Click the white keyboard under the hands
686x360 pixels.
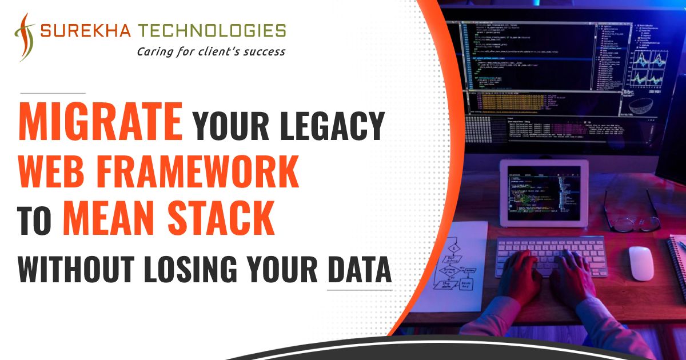coord(549,251)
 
